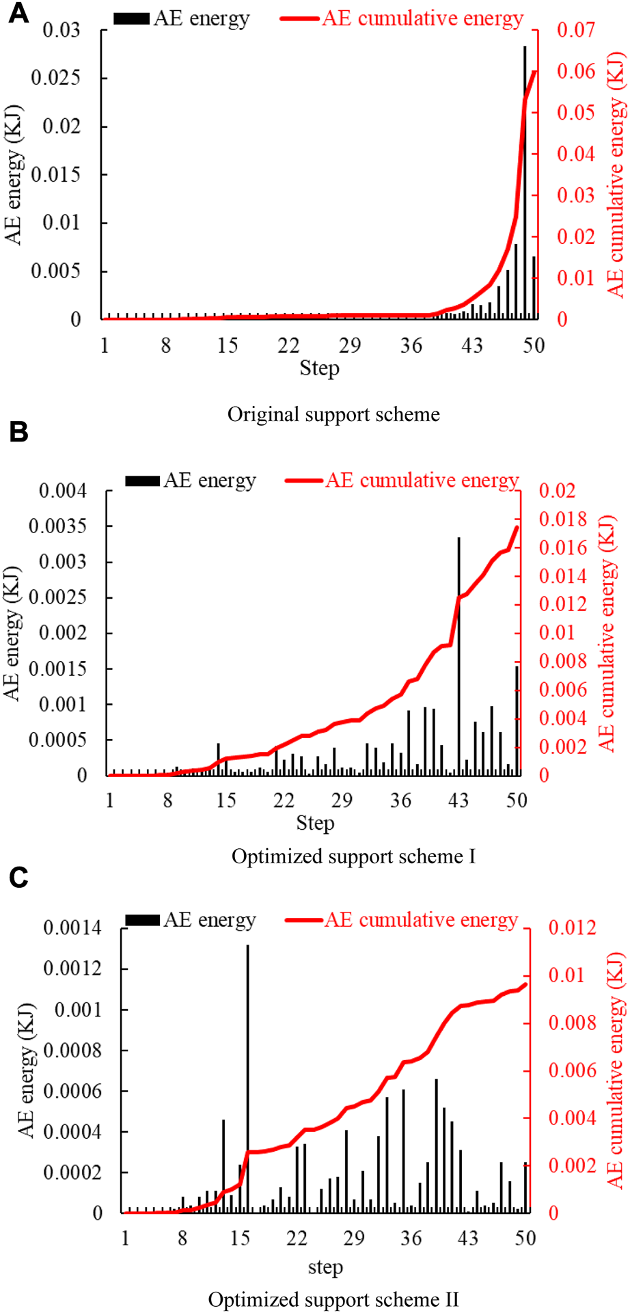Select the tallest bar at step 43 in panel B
[x=458, y=656]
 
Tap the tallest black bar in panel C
[x=247, y=1080]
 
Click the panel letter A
[x=18, y=13]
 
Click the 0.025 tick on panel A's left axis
[x=55, y=78]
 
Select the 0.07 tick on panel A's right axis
[x=575, y=30]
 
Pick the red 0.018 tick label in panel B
[x=562, y=519]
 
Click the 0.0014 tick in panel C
[x=72, y=928]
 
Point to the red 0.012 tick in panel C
[x=572, y=928]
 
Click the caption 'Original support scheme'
[x=333, y=415]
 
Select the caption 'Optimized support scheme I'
[x=353, y=856]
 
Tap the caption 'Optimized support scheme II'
[x=333, y=1299]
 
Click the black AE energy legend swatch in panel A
[x=131, y=19]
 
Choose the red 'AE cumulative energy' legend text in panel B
[x=422, y=480]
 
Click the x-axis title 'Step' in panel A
[x=319, y=368]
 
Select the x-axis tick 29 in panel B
[x=342, y=800]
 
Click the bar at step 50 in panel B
[x=517, y=721]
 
